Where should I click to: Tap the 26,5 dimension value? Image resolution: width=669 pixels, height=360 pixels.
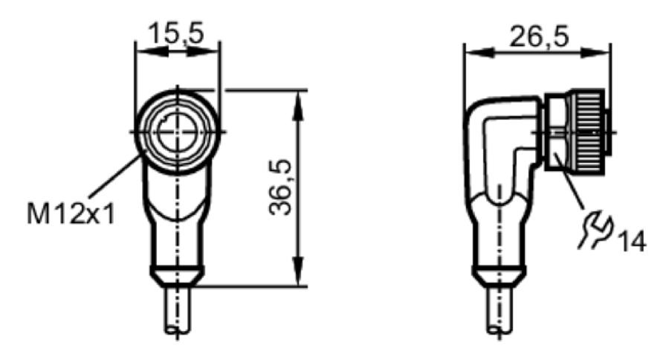click(x=540, y=36)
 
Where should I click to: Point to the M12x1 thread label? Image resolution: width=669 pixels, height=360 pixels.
click(x=71, y=213)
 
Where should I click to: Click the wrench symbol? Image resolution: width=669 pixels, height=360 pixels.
click(x=594, y=231)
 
